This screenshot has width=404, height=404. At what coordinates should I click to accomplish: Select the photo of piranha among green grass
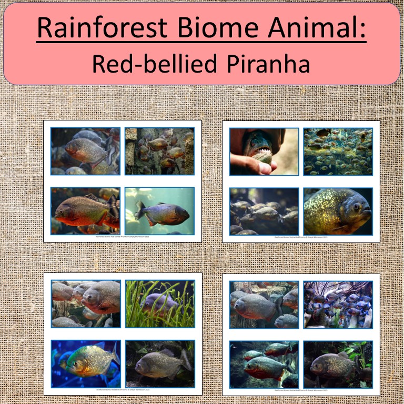pos(159,304)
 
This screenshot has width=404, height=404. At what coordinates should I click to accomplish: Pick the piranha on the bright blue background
pos(87,361)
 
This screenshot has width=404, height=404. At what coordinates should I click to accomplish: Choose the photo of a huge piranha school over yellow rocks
pos(338,151)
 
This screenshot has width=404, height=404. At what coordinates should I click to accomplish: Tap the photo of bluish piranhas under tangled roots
pos(338,304)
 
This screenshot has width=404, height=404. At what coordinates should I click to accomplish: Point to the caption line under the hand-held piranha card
pos(301,238)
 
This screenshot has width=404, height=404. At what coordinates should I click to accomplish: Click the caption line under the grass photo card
pos(123,390)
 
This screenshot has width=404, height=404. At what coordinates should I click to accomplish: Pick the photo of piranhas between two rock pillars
pos(159,151)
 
